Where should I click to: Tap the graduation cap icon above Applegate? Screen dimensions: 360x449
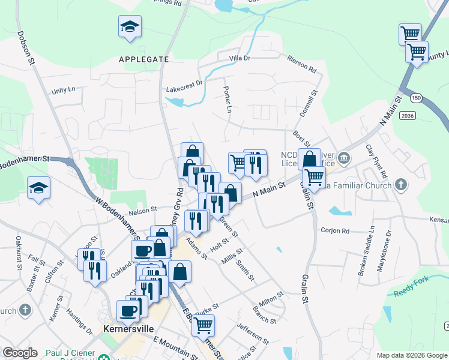pos(130,27)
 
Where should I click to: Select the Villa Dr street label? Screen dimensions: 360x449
pos(240,58)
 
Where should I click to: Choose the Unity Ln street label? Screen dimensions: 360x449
pos(64,90)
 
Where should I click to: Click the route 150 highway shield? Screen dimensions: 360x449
pos(415,98)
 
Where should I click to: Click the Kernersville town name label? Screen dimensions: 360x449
pos(128,329)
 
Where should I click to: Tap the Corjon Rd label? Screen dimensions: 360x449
pos(335,231)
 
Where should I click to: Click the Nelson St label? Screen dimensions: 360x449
pos(142,209)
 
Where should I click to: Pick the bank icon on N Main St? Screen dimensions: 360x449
pos(343,159)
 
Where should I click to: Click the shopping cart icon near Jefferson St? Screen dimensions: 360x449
pos(203,325)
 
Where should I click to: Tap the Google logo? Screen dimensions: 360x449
pos(20,353)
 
